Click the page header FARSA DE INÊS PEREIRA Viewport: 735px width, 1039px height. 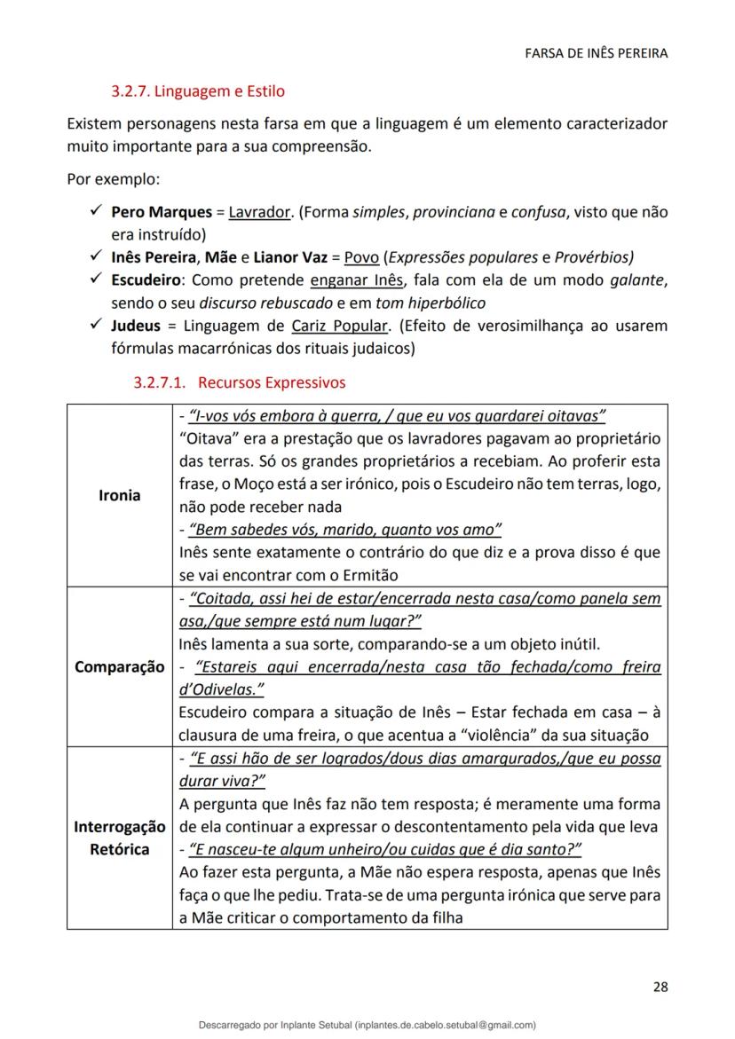tap(595, 53)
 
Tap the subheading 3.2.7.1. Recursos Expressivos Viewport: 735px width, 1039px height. tap(239, 383)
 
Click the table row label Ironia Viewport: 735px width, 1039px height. tap(119, 495)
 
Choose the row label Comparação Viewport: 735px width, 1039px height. tap(119, 666)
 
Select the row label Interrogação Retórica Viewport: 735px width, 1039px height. tap(119, 838)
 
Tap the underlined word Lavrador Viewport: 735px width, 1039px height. tap(260, 213)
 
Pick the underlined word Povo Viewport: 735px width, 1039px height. tap(361, 258)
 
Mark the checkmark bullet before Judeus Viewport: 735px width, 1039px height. tap(94, 326)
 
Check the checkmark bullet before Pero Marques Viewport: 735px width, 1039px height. tap(94, 213)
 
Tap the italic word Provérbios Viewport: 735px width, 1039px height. tap(593, 258)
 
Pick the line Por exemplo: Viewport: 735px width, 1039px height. tap(114, 180)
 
